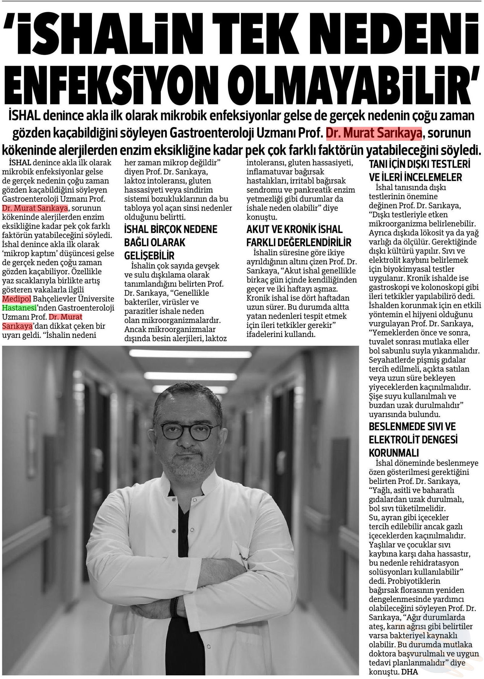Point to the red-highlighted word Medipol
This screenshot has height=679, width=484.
tap(15, 299)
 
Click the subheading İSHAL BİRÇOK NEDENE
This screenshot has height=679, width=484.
tap(171, 229)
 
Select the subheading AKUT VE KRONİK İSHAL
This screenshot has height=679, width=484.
tap(294, 229)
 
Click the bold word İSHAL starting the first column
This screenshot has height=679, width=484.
tap(20, 163)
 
